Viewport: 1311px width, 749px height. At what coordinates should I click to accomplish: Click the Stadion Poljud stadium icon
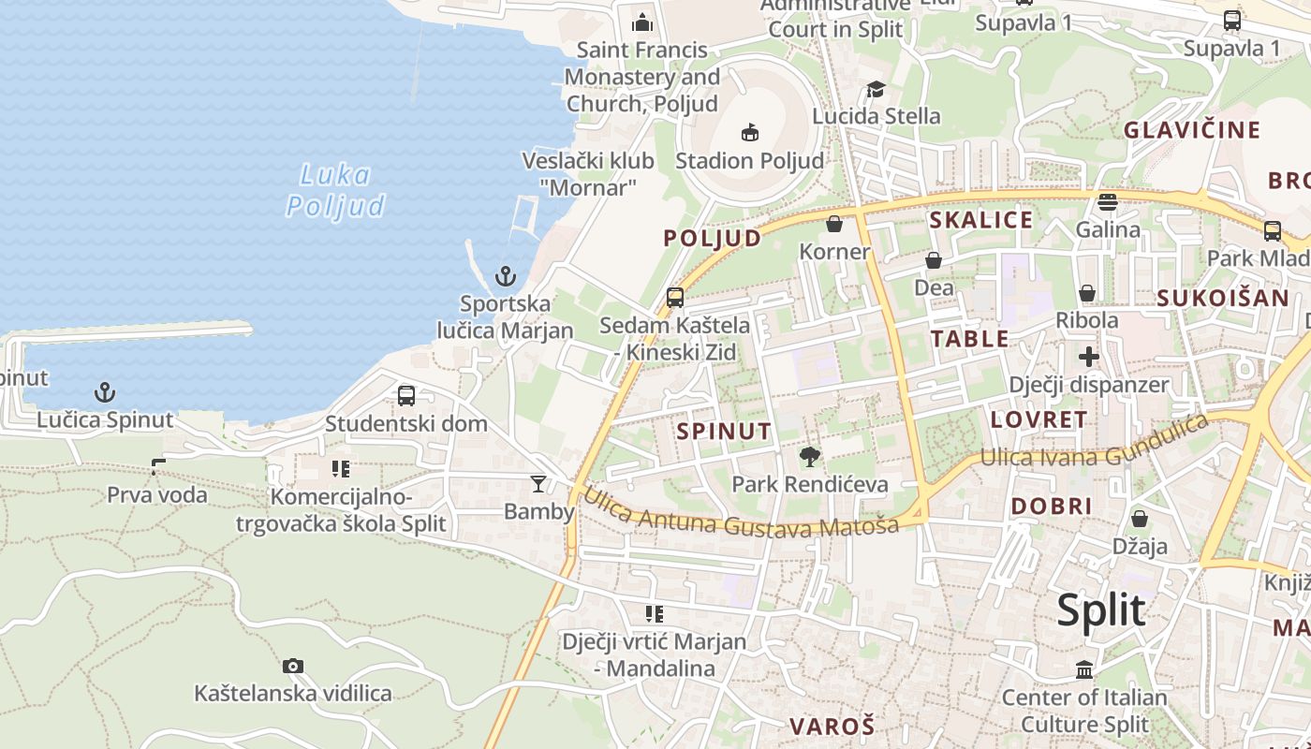[x=749, y=132]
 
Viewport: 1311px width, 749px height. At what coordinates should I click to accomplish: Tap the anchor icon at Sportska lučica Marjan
[x=506, y=276]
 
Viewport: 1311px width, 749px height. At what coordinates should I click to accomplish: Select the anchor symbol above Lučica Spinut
[x=105, y=392]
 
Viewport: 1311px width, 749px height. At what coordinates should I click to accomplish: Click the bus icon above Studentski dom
[x=406, y=396]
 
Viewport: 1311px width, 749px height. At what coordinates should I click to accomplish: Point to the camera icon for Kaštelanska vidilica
[x=293, y=667]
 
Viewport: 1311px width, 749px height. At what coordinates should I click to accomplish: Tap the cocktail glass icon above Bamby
[x=538, y=484]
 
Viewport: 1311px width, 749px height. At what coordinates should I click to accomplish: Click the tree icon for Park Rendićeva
[x=810, y=457]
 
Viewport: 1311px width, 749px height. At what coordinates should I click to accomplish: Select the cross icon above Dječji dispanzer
[x=1088, y=357]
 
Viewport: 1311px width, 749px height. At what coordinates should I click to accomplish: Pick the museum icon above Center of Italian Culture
[x=1084, y=670]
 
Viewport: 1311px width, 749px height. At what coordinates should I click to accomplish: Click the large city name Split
[x=1101, y=610]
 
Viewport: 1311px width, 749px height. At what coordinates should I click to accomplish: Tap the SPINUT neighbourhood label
[x=724, y=432]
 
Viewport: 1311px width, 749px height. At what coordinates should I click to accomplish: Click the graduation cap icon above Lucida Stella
[x=876, y=89]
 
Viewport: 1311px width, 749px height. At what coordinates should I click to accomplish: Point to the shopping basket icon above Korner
[x=834, y=225]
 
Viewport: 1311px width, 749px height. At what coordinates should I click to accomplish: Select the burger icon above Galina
[x=1108, y=202]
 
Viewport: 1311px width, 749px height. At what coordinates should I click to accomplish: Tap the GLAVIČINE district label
[x=1192, y=130]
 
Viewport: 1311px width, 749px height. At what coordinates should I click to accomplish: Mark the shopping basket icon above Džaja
[x=1140, y=519]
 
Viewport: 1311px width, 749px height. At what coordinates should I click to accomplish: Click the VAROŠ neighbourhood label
[x=832, y=727]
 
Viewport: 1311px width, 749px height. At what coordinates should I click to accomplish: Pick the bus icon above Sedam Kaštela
[x=675, y=299]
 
